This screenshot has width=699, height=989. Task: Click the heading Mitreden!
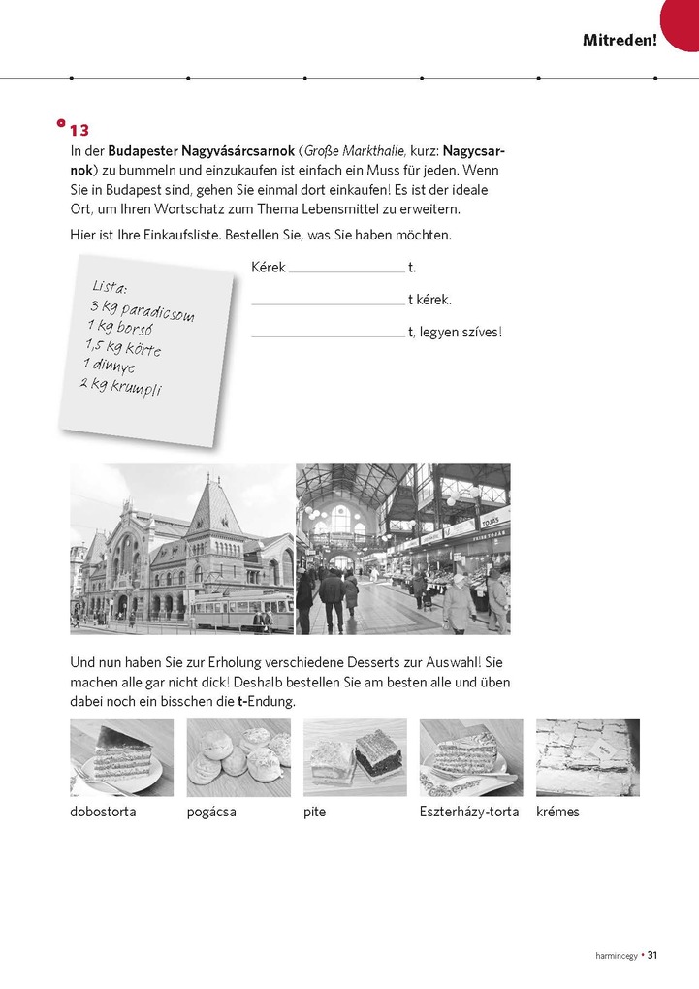pos(620,40)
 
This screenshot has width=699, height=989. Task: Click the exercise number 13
pos(79,130)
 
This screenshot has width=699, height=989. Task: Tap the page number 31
pos(652,955)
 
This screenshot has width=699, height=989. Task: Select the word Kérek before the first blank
pos(268,268)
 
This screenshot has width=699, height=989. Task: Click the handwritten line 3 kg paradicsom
pos(142,310)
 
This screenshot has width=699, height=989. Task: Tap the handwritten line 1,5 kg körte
pos(122,348)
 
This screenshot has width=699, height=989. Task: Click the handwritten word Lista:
pos(110,287)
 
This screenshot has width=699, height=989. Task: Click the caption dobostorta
pos(103,812)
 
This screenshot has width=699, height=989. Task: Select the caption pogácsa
pos(211,812)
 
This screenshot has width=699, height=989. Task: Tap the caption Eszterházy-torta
pos(469,812)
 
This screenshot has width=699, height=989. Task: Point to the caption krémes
pos(557,812)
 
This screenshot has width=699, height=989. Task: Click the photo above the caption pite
pos(355,757)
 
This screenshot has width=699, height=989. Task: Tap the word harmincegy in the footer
pos(616,956)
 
